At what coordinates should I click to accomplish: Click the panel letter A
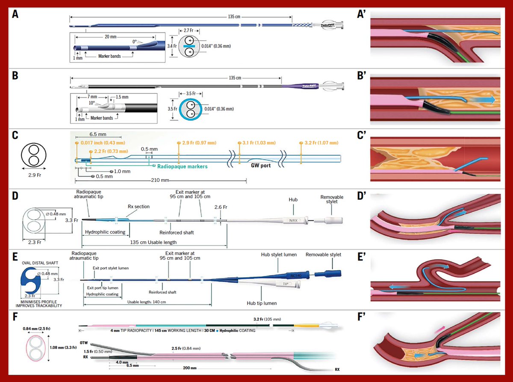(x=15, y=14)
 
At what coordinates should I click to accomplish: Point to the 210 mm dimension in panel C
(x=159, y=181)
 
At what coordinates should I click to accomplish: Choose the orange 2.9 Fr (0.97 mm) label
(x=199, y=142)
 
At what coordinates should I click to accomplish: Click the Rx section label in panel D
(x=139, y=207)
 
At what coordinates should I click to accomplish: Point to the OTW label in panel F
(x=84, y=343)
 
